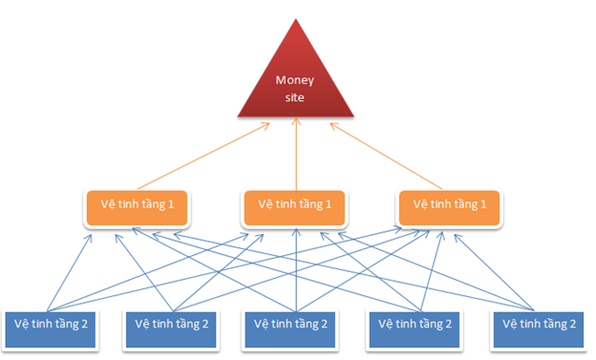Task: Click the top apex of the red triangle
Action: pos(295,20)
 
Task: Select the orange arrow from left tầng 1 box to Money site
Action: pos(201,158)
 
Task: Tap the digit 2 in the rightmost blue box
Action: pos(572,324)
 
